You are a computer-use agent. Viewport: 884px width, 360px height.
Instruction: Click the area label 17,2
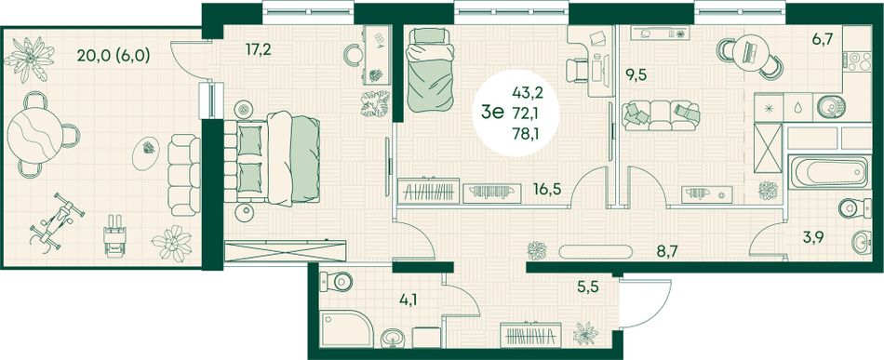click(x=259, y=50)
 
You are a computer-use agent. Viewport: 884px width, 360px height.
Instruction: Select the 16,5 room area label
click(x=547, y=189)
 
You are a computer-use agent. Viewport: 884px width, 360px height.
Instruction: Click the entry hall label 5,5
click(x=587, y=287)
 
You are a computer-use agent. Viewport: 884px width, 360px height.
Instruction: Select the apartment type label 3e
click(x=491, y=113)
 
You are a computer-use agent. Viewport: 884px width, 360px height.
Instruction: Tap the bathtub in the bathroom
click(x=829, y=172)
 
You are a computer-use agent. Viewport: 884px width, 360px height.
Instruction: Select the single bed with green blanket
click(x=430, y=70)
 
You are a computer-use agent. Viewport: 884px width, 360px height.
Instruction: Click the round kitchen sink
click(x=830, y=106)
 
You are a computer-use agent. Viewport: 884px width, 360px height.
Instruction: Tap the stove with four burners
click(x=856, y=60)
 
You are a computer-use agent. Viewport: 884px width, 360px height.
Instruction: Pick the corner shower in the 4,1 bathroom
click(x=345, y=328)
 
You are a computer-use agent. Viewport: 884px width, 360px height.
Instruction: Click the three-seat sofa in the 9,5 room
click(x=661, y=115)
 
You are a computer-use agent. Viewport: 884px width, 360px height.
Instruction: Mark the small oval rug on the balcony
click(x=146, y=153)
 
